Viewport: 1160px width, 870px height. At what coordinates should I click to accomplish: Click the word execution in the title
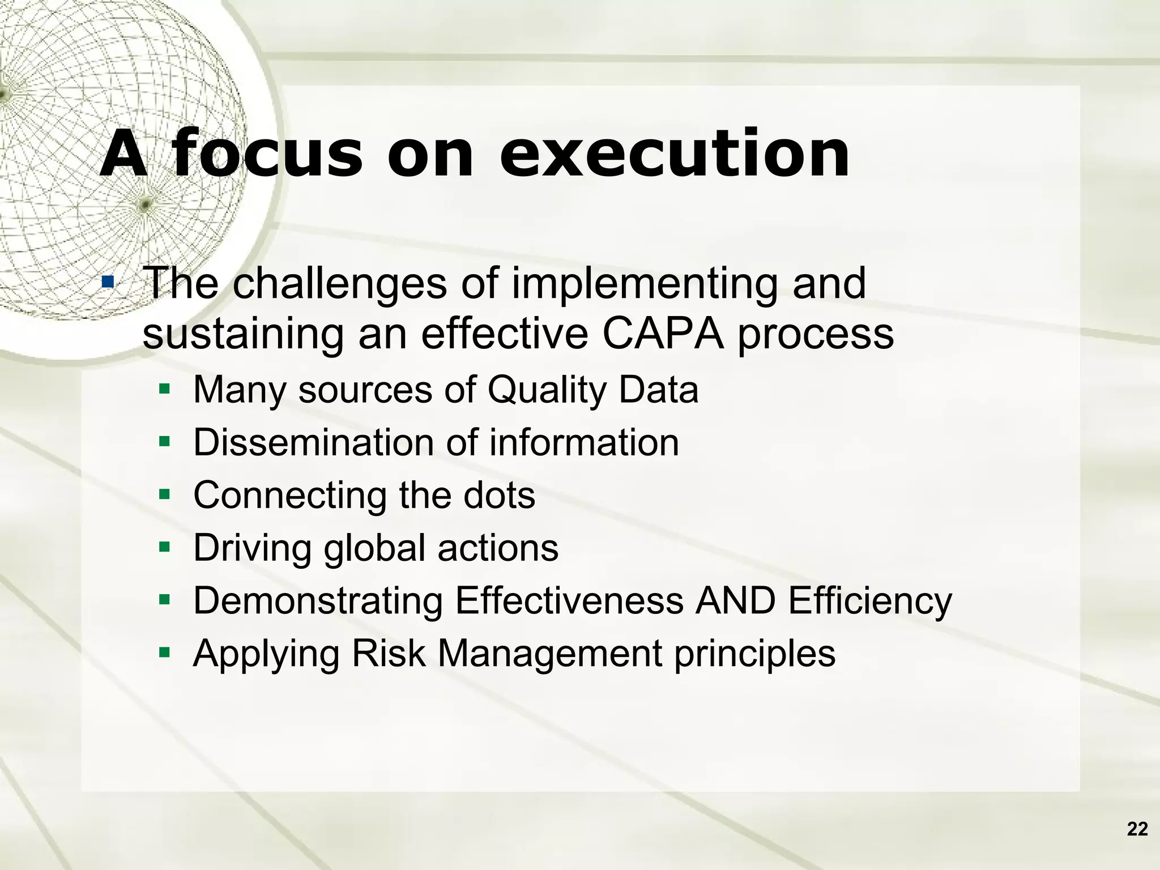pyautogui.click(x=674, y=154)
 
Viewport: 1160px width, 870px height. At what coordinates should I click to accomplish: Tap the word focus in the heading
pyautogui.click(x=266, y=154)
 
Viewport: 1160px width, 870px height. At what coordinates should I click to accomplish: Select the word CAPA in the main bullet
pyautogui.click(x=663, y=334)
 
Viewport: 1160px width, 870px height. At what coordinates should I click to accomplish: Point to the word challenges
pyautogui.click(x=340, y=284)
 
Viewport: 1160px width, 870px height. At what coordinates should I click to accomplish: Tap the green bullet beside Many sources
pyautogui.click(x=165, y=389)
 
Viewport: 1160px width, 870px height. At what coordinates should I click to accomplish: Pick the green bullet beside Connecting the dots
pyautogui.click(x=165, y=494)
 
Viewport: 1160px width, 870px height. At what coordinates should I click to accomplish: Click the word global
pyautogui.click(x=374, y=548)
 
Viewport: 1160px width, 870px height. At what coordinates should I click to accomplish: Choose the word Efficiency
pyautogui.click(x=870, y=602)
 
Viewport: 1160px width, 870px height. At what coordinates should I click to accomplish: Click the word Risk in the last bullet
pyautogui.click(x=388, y=653)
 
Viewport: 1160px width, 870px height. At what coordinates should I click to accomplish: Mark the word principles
pyautogui.click(x=754, y=654)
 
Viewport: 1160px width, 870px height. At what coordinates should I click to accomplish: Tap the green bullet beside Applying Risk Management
pyautogui.click(x=165, y=652)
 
